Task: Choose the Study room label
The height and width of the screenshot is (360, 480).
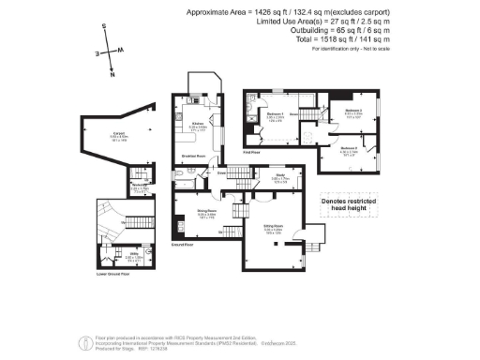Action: point(280,175)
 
